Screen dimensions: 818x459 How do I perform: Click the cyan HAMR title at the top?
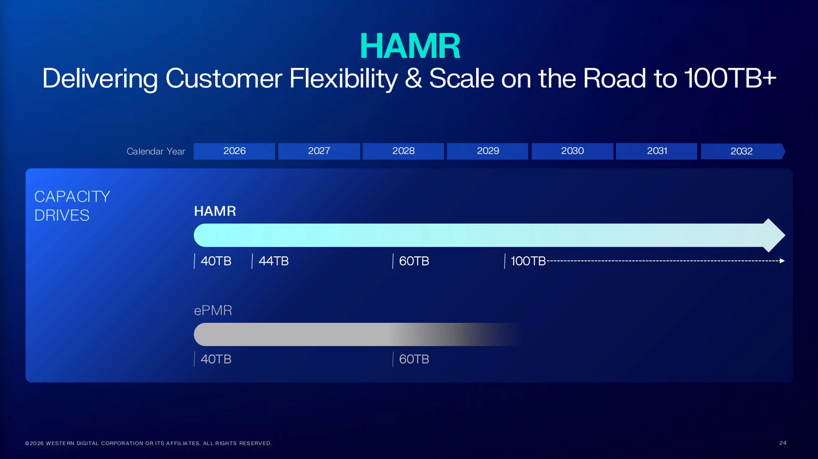410,46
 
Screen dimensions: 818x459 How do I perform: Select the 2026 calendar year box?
234,151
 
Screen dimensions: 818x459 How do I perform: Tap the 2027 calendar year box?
319,151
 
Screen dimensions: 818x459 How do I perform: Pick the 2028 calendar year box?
403,151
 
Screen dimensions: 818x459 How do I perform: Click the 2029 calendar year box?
488,151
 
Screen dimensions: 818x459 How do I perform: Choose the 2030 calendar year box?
572,151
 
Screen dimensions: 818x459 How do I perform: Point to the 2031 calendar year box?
657,151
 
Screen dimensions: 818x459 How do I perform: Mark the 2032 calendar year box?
743,151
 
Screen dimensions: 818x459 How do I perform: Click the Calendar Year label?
156,152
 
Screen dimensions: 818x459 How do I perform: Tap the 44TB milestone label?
274,261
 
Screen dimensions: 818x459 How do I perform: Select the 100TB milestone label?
528,261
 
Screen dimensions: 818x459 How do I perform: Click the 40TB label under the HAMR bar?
216,261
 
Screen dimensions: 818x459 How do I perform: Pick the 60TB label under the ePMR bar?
414,359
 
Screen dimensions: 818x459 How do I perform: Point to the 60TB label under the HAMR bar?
414,261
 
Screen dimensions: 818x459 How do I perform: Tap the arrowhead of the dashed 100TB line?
782,261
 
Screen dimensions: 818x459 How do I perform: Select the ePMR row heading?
213,310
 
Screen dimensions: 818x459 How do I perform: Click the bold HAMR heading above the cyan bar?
215,211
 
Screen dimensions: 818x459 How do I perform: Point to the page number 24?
783,443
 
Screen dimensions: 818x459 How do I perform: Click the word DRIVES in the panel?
62,216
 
